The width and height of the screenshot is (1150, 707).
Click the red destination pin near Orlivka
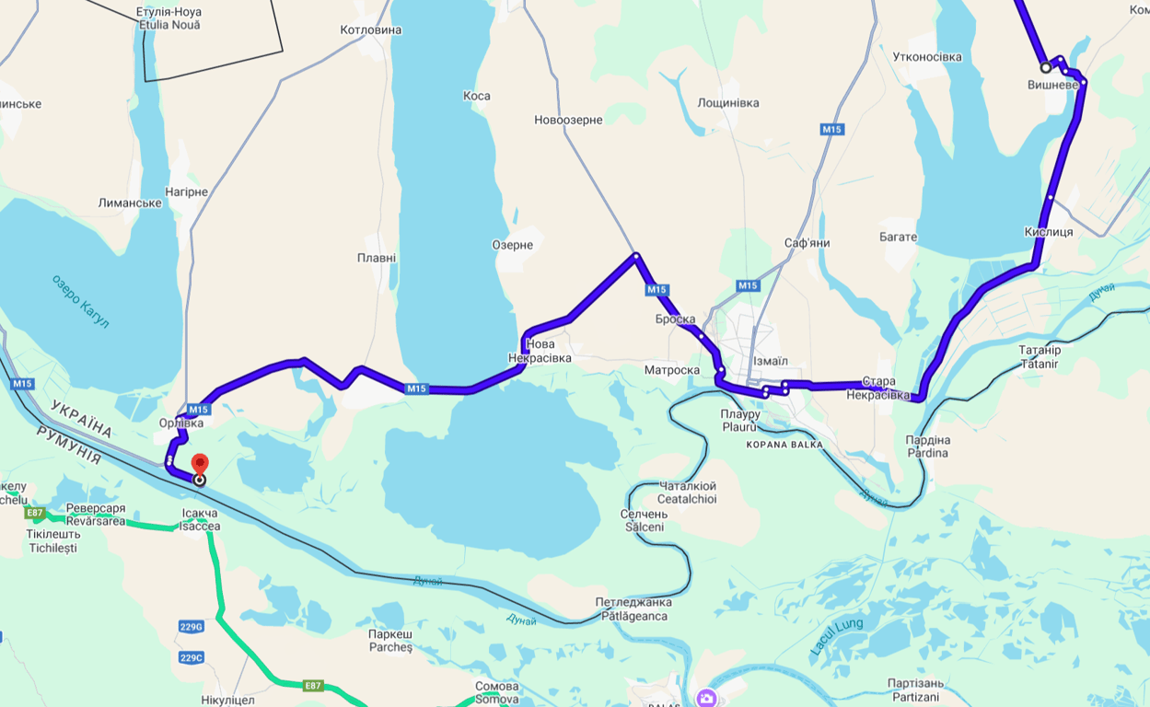click(x=199, y=463)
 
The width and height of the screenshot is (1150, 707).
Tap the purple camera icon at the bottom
click(x=706, y=698)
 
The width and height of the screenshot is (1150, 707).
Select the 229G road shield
click(x=191, y=627)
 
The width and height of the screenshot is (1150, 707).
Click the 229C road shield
click(x=191, y=657)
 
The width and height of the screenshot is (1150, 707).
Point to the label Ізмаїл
click(x=770, y=361)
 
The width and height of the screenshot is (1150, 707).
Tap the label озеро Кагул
click(x=81, y=301)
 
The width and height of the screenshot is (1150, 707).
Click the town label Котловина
click(x=371, y=30)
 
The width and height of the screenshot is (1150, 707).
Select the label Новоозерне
click(x=568, y=120)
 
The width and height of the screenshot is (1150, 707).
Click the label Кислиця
click(x=1048, y=232)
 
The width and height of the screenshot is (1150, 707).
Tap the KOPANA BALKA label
click(x=784, y=445)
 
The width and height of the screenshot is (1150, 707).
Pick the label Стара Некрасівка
click(x=878, y=388)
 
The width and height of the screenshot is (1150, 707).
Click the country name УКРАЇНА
click(x=81, y=419)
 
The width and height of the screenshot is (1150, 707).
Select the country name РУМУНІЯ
click(x=68, y=446)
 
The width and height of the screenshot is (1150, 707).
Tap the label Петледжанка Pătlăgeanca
click(x=633, y=608)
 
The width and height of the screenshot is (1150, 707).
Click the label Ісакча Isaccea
click(x=200, y=519)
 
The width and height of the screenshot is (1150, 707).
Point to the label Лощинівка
click(x=728, y=103)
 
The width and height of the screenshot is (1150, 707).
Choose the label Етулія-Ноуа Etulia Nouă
click(x=168, y=18)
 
